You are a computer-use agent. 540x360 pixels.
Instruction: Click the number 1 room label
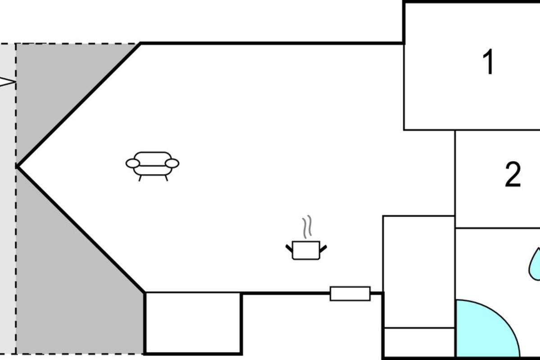coord(489,62)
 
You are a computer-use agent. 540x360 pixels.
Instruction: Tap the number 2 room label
coord(513,175)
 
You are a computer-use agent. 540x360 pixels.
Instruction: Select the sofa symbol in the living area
coord(153,166)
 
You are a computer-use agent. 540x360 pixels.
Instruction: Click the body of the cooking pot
coord(306,251)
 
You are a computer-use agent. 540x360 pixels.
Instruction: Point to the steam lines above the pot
coord(307,227)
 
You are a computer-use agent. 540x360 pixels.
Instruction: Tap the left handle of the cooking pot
coord(289,248)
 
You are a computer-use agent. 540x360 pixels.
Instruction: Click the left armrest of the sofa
coord(133,163)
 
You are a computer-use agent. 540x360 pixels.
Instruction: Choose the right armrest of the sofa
coord(172,163)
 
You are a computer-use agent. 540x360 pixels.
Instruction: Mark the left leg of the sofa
coord(140,178)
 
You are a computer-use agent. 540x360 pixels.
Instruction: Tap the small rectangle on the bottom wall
coord(350,294)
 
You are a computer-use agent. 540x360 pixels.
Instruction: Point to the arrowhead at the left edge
coord(7,82)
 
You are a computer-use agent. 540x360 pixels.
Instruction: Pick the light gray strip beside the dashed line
coord(8,199)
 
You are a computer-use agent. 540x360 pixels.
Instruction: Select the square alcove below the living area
coord(193,323)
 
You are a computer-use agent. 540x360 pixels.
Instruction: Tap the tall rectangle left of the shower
coord(419,272)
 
